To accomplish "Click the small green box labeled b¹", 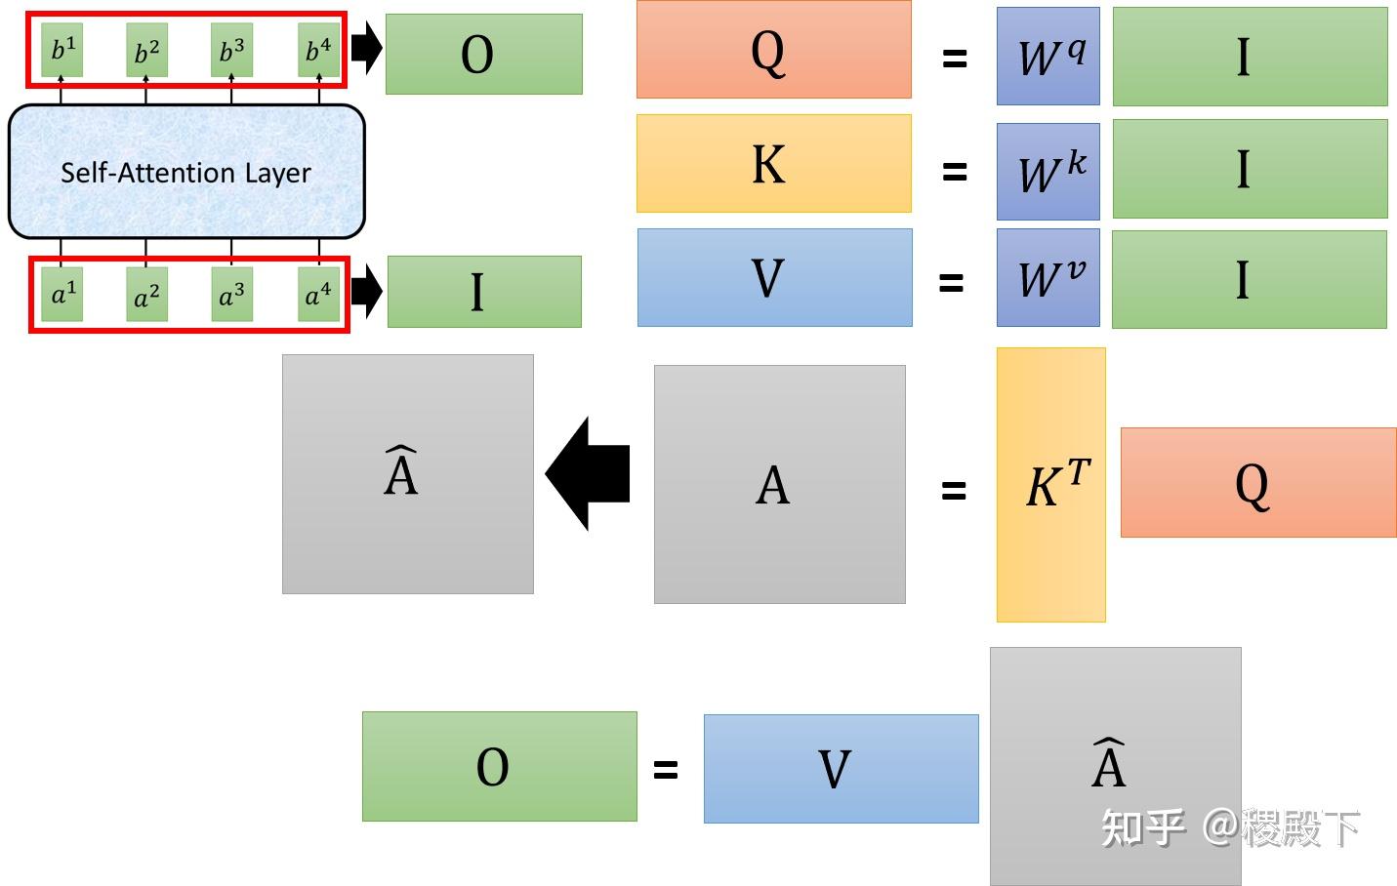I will point(62,49).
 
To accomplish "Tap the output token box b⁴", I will point(318,49).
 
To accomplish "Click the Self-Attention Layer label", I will point(185,173).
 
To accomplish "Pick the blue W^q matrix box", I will point(1048,57).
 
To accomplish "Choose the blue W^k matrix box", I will point(1048,171).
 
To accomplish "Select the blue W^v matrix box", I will point(1048,278).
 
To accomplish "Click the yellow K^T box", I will point(1050,485).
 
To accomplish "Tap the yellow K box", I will point(773,163).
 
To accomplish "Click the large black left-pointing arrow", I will point(590,474).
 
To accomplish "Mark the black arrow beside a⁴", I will point(366,291).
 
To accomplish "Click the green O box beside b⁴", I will point(483,55).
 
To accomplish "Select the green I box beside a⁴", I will point(483,292).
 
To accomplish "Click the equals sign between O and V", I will point(665,770).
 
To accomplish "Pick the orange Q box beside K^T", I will point(1257,482).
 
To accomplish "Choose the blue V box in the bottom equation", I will point(841,769).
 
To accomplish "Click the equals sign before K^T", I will point(953,490).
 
